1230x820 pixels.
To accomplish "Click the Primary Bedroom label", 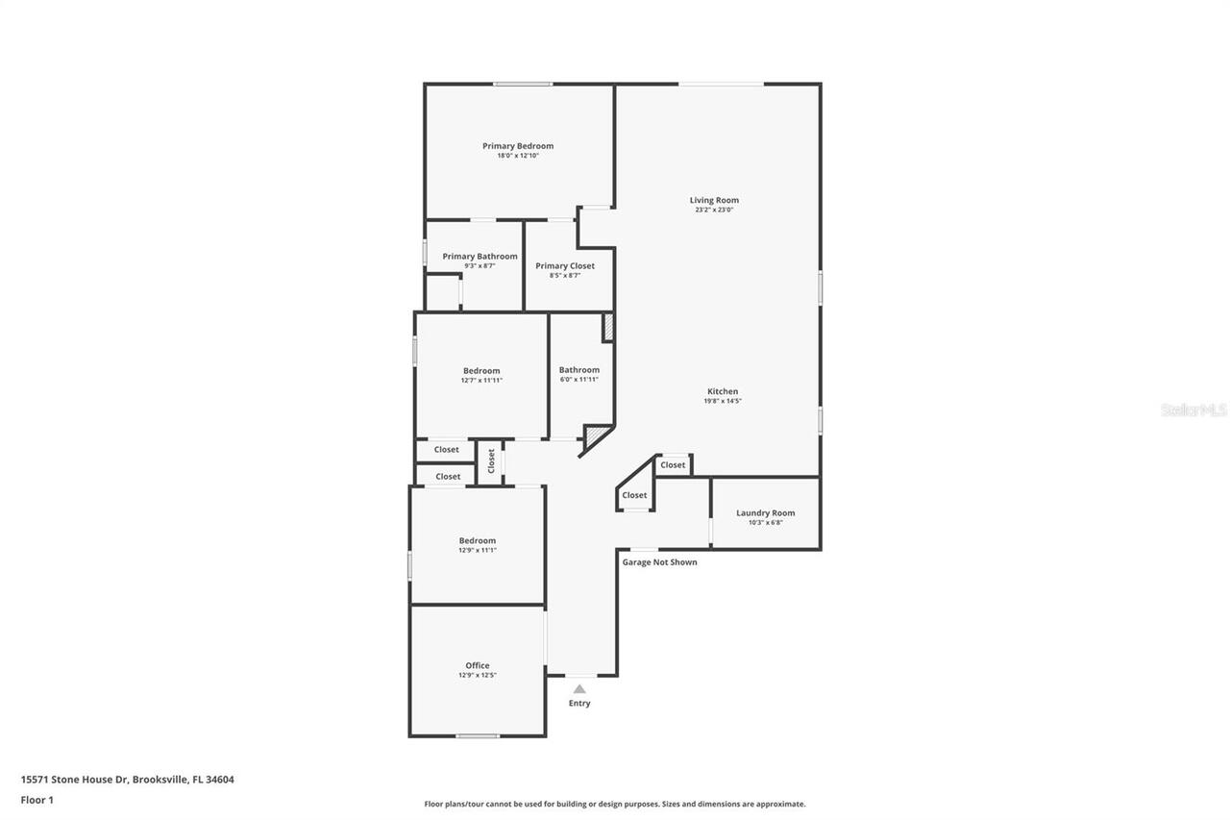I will tap(518, 146).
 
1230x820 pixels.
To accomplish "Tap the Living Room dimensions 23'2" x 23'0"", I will tap(714, 210).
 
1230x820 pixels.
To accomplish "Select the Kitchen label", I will tap(723, 391).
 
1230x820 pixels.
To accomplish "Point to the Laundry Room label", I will tap(765, 512).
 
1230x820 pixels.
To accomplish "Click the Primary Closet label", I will tap(565, 266).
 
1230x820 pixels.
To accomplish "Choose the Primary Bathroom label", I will tap(480, 257).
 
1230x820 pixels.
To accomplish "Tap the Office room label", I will tap(478, 665).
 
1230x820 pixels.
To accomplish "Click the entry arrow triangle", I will tap(578, 688).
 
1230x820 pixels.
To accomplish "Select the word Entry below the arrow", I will tap(579, 703).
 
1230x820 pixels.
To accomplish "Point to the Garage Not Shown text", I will tap(659, 562).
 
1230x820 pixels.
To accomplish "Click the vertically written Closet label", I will tap(491, 461).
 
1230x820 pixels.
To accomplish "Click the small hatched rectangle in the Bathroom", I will tap(607, 327).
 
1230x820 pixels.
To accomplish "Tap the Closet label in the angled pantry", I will tap(634, 495).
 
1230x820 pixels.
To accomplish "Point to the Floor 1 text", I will tap(37, 800).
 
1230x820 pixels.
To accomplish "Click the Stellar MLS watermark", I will tap(1193, 410).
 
